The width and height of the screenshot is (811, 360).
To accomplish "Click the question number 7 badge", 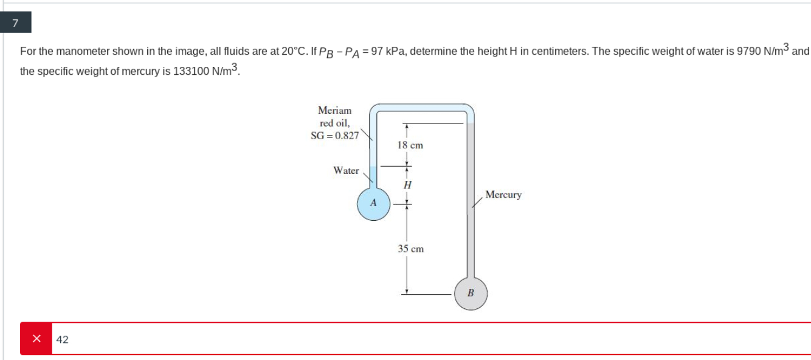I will pyautogui.click(x=15, y=24).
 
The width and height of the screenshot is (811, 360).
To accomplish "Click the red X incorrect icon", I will pyautogui.click(x=36, y=339).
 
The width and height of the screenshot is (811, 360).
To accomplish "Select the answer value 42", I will pyautogui.click(x=62, y=339).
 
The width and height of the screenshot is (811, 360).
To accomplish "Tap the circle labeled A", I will pyautogui.click(x=373, y=202).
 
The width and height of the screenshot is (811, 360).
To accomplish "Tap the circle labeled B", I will pyautogui.click(x=471, y=294).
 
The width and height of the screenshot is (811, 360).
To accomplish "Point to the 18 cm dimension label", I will pyautogui.click(x=410, y=145).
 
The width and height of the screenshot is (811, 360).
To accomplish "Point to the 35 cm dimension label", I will pyautogui.click(x=410, y=249).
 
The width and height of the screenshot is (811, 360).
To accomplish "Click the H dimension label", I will pyautogui.click(x=407, y=184).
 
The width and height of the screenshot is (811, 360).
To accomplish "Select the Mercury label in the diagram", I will pyautogui.click(x=503, y=195).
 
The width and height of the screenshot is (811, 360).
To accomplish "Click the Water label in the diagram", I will pyautogui.click(x=346, y=171).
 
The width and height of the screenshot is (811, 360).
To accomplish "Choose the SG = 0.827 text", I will pyautogui.click(x=335, y=136).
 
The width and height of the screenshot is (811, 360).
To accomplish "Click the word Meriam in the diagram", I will pyautogui.click(x=334, y=111).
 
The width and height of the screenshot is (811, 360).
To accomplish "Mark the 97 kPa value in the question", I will pyautogui.click(x=387, y=51).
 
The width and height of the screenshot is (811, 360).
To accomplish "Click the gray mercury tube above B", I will pyautogui.click(x=471, y=231).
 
